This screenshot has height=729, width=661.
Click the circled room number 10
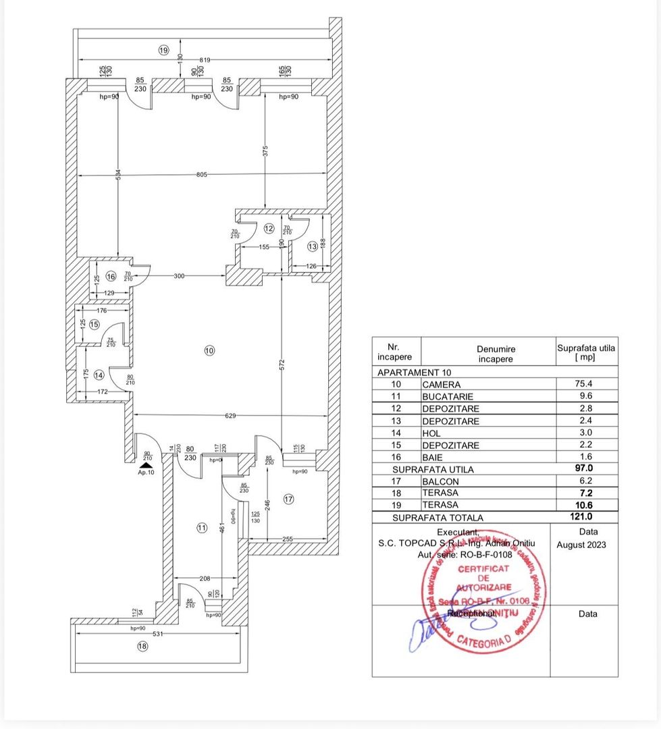[x=209, y=350]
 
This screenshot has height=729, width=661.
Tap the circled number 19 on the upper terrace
[x=163, y=50]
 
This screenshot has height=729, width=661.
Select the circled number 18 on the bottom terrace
[x=142, y=646]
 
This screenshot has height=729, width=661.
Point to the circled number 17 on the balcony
[x=289, y=500]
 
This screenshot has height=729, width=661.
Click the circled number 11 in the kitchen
[x=201, y=529]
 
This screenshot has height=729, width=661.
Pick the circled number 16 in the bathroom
[x=110, y=275]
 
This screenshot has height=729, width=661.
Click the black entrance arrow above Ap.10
[x=146, y=464]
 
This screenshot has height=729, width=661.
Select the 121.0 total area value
[x=585, y=517]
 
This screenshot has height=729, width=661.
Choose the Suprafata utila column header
[x=585, y=352]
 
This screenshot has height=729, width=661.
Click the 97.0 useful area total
[x=585, y=469]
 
